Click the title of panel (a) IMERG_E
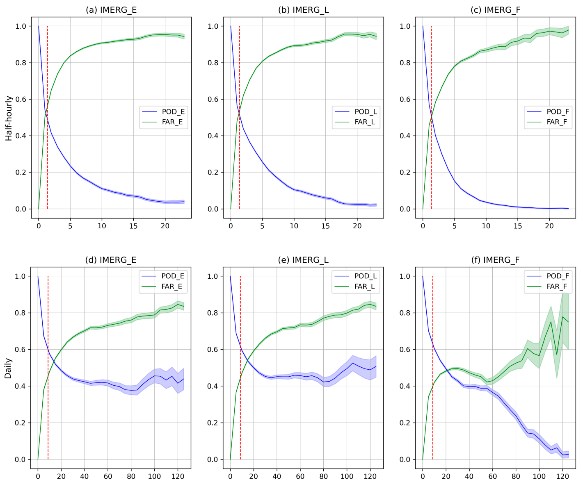(x=111, y=10)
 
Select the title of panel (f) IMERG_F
(x=496, y=260)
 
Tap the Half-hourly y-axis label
(x=9, y=118)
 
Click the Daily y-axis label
(x=8, y=368)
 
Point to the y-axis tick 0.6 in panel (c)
(x=405, y=99)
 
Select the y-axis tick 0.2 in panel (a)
(x=21, y=172)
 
